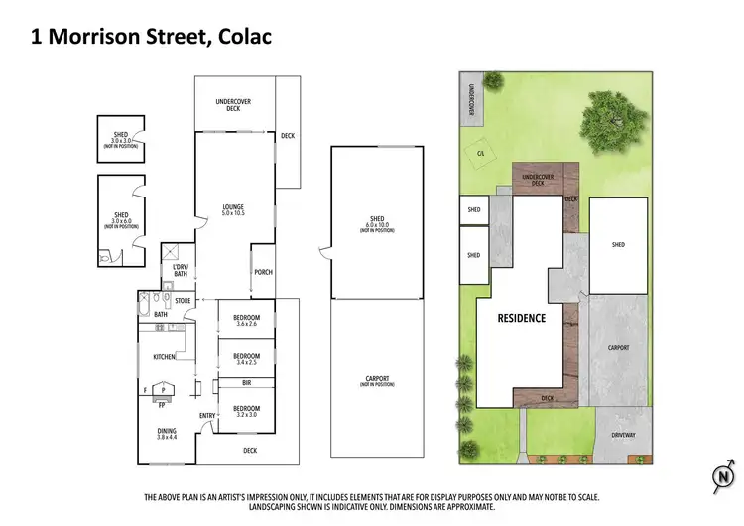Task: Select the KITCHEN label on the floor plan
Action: [164, 356]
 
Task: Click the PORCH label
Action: [263, 272]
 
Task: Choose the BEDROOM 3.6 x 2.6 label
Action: [247, 320]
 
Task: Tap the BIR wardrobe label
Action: [247, 382]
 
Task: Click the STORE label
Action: [183, 300]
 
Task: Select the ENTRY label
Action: [207, 416]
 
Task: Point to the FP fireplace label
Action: [161, 405]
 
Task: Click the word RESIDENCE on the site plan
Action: [522, 318]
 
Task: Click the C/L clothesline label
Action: [480, 154]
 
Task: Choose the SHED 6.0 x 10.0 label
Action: [377, 224]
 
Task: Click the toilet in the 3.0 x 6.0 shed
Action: [106, 256]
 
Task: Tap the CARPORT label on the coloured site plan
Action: [619, 348]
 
